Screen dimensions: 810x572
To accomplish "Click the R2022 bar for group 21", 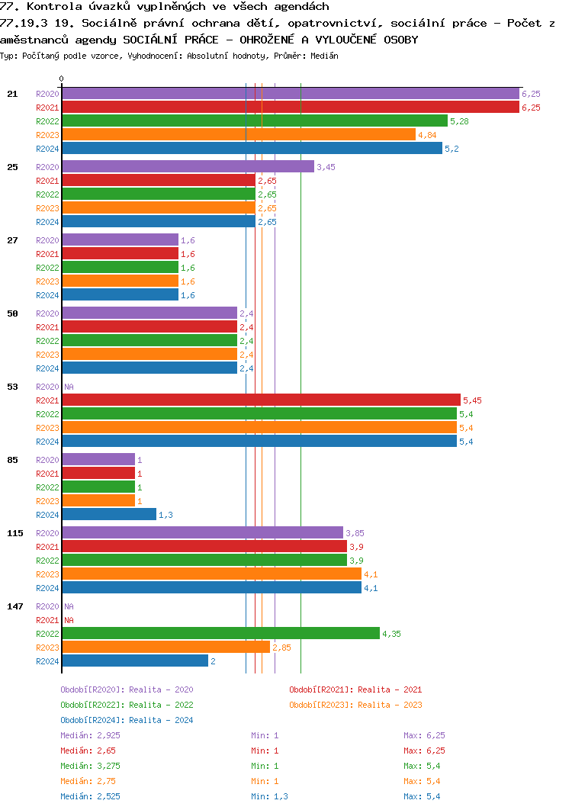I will click(x=254, y=121).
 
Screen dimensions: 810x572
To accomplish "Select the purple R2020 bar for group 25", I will click(x=188, y=166).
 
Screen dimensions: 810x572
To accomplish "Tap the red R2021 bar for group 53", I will click(x=261, y=400).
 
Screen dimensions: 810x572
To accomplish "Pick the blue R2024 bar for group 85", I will click(x=108, y=515).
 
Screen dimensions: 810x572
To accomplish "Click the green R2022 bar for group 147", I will click(x=220, y=633).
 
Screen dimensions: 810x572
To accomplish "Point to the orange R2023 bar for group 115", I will click(x=211, y=574).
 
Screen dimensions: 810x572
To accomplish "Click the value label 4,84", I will click(x=427, y=135).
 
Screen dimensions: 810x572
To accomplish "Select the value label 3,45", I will click(x=326, y=167).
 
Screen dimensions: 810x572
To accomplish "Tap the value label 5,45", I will click(x=472, y=400).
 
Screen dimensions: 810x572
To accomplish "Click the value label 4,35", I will click(x=391, y=634).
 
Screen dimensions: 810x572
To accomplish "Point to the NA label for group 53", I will click(x=69, y=387).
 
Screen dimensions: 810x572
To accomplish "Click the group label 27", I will click(x=12, y=240).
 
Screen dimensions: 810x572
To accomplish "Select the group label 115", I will click(x=14, y=533).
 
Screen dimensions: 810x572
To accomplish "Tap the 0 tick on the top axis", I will click(x=62, y=79).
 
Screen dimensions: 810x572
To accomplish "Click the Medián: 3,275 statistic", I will click(x=90, y=766).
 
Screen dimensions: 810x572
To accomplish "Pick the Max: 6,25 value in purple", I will click(x=424, y=735).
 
